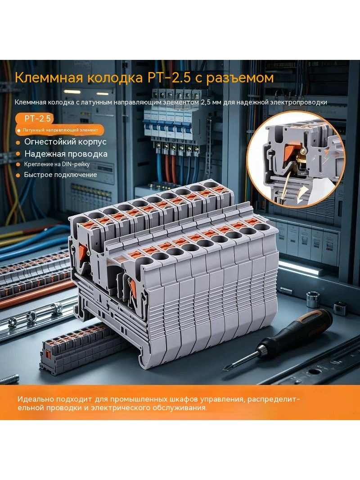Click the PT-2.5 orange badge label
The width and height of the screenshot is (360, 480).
coord(37,118)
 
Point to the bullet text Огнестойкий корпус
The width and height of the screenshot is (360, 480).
coord(65,142)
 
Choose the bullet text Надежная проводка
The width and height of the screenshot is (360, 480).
coord(66,154)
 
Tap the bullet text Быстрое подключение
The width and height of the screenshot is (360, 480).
coord(61,175)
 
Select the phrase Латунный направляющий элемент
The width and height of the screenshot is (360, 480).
coord(61,130)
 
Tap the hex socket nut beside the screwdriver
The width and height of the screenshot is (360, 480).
coord(312,300)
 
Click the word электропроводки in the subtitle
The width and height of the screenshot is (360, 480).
coord(298,102)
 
